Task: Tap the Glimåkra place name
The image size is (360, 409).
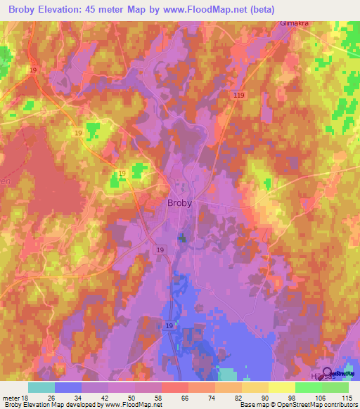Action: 295,23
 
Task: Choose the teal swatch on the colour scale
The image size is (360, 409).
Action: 41,387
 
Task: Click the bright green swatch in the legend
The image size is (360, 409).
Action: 308,387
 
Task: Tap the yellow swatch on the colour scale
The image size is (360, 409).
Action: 281,387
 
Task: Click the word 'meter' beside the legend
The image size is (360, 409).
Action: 9,396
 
